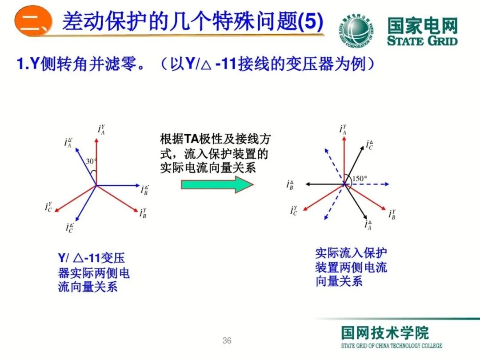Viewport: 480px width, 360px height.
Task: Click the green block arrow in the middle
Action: click(217, 184)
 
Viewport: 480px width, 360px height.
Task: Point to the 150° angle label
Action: click(360, 179)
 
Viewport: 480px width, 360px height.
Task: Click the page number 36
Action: click(227, 341)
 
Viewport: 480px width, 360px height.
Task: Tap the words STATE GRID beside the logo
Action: click(422, 41)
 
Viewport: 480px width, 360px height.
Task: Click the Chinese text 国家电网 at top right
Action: click(422, 25)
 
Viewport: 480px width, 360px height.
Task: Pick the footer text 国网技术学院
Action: click(385, 333)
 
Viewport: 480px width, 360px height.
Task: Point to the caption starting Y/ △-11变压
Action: click(91, 258)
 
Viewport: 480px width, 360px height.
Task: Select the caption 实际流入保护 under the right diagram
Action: click(351, 253)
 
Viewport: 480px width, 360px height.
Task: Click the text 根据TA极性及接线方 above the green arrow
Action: click(215, 139)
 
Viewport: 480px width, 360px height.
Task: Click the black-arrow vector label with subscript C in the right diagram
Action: click(369, 145)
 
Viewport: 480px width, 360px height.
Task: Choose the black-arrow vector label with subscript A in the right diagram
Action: click(368, 224)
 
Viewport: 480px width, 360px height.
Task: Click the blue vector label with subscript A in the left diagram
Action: click(68, 143)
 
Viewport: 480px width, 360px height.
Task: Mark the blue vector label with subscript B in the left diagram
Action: click(145, 190)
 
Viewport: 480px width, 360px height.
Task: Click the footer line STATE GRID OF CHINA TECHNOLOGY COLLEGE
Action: click(391, 346)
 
